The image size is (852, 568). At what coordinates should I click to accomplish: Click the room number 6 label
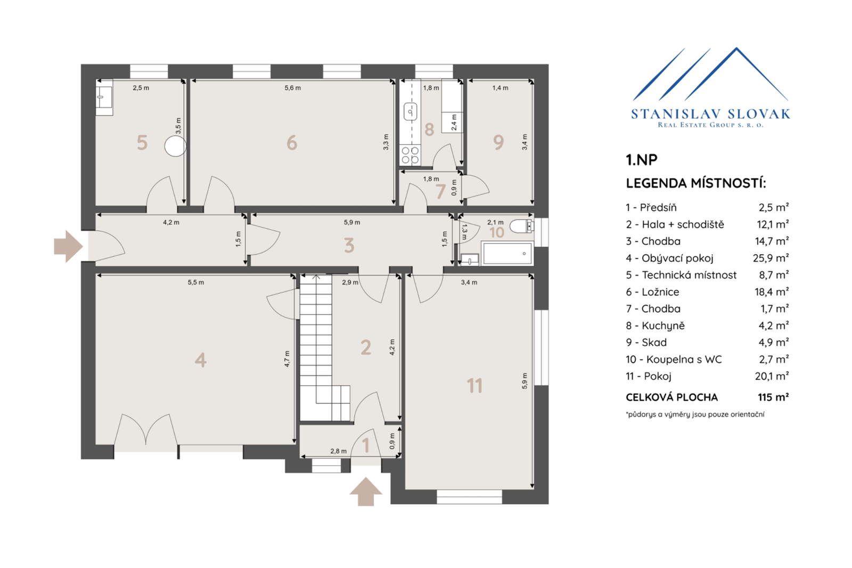click(292, 143)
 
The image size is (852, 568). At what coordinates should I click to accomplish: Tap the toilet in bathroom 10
click(521, 226)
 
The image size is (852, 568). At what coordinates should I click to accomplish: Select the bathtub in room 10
click(507, 253)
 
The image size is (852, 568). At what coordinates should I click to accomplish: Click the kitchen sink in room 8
click(410, 112)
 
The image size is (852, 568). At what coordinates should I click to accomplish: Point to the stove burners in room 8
click(410, 156)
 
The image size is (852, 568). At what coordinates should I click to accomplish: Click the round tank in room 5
click(175, 146)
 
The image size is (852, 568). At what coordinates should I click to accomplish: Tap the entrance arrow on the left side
click(69, 246)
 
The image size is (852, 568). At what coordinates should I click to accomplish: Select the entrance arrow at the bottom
click(366, 491)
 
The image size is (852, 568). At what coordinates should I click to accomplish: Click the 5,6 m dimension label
click(292, 88)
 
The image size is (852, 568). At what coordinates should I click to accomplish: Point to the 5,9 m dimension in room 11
click(525, 380)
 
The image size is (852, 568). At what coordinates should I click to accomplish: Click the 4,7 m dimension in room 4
click(287, 359)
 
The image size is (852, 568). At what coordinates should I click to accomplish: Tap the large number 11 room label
click(474, 386)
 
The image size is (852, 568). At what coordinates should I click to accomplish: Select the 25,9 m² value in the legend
click(771, 258)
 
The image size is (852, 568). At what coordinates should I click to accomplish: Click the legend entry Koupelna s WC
click(674, 359)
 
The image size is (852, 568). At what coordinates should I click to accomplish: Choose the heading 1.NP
click(642, 160)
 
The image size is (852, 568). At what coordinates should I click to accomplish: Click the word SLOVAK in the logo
click(758, 114)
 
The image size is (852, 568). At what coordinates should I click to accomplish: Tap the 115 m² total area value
click(773, 397)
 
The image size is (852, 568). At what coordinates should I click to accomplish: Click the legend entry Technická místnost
click(681, 275)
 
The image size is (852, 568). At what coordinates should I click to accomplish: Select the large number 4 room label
click(200, 360)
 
